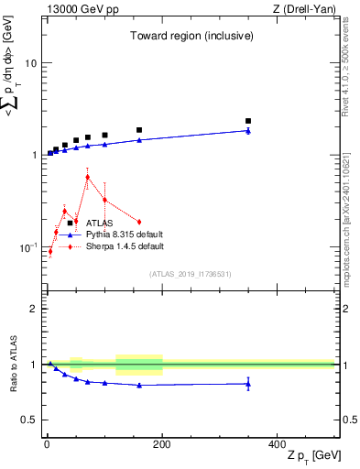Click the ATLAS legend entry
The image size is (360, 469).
point(100,223)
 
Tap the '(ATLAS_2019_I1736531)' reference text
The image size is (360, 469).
point(190,273)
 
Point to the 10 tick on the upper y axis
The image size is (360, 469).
point(29,63)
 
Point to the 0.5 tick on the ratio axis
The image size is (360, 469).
point(27,420)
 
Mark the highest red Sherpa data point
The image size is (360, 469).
point(87,178)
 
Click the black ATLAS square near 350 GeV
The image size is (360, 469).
point(248,121)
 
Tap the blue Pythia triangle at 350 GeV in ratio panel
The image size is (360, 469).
point(248,384)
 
